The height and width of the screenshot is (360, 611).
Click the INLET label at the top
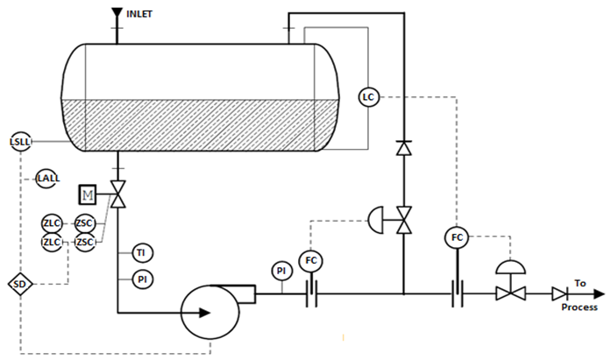[x=139, y=14]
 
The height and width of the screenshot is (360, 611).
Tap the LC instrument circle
[x=368, y=97]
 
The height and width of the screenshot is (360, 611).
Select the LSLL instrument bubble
[x=20, y=142]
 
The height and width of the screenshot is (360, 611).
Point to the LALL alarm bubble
[x=48, y=179]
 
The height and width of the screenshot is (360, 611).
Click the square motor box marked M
[x=88, y=194]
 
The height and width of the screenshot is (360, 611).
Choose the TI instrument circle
[x=143, y=253]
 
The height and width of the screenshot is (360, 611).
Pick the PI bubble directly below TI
[x=143, y=279]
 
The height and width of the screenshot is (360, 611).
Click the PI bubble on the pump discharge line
[x=281, y=271]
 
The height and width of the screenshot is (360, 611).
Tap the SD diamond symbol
[x=20, y=284]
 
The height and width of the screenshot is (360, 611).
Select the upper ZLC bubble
[x=52, y=223]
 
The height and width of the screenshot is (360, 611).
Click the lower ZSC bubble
[x=85, y=243]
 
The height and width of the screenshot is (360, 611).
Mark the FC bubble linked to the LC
[x=457, y=237]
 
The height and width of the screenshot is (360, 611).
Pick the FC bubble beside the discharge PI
[x=311, y=260]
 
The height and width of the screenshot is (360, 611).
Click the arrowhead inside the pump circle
[x=204, y=313]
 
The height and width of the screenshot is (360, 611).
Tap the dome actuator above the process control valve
[x=510, y=267]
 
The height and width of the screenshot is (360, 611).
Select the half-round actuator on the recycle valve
[x=376, y=220]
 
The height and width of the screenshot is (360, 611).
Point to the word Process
[x=579, y=307]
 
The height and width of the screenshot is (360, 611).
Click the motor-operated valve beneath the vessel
[x=117, y=194]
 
